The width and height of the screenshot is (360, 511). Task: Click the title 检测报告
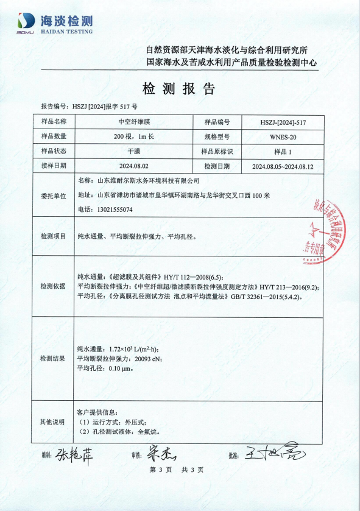[179, 88]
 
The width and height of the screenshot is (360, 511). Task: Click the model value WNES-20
[283, 136]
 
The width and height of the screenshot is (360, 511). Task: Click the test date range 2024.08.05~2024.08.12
[283, 166]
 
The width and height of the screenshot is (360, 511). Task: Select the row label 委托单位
[52, 195]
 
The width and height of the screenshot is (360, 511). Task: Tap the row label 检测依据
[52, 286]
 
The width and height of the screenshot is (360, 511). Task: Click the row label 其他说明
[52, 421]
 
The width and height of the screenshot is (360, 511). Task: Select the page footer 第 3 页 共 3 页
[176, 470]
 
